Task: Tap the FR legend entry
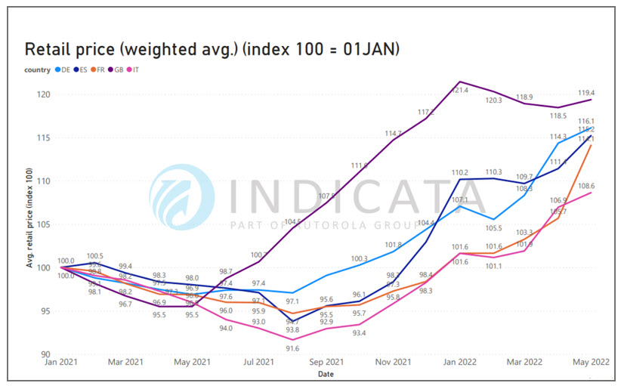pyautogui.click(x=99, y=70)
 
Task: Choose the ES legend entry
pyautogui.click(x=82, y=70)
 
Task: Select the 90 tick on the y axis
pyautogui.click(x=44, y=354)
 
